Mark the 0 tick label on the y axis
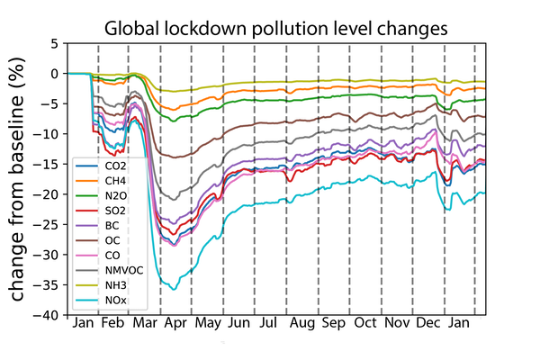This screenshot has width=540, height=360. pyautogui.click(x=58, y=74)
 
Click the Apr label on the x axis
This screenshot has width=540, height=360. pyautogui.click(x=175, y=323)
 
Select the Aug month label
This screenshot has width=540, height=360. pyautogui.click(x=301, y=323)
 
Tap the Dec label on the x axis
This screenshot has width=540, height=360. pyautogui.click(x=429, y=323)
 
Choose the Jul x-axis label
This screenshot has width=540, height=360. pyautogui.click(x=269, y=323)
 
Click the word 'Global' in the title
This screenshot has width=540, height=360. pyautogui.click(x=133, y=28)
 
